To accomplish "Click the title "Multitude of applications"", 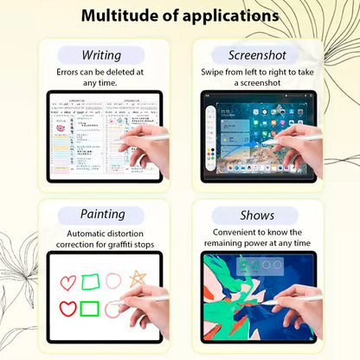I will [180, 16].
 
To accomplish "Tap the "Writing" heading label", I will [100, 55].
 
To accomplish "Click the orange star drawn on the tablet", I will [137, 280].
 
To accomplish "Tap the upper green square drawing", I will [91, 281].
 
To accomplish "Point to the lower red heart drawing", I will [67, 308].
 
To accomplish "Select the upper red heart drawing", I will [67, 282].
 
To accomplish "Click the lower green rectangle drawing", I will [91, 308].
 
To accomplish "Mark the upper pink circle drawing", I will [113, 280].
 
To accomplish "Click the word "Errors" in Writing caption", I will [73, 73].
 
